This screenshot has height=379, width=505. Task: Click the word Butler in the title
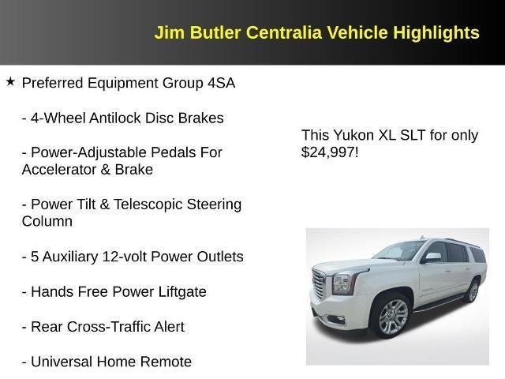(215, 32)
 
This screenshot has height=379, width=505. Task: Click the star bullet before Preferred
(10, 81)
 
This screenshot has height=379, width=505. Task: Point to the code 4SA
(220, 83)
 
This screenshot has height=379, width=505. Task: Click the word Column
(47, 222)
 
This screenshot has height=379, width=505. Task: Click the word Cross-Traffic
(125, 327)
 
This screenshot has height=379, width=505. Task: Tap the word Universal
(62, 362)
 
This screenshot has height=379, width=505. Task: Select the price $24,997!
(330, 152)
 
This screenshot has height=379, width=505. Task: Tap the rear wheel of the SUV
(472, 291)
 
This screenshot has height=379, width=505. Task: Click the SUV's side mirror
(432, 257)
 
